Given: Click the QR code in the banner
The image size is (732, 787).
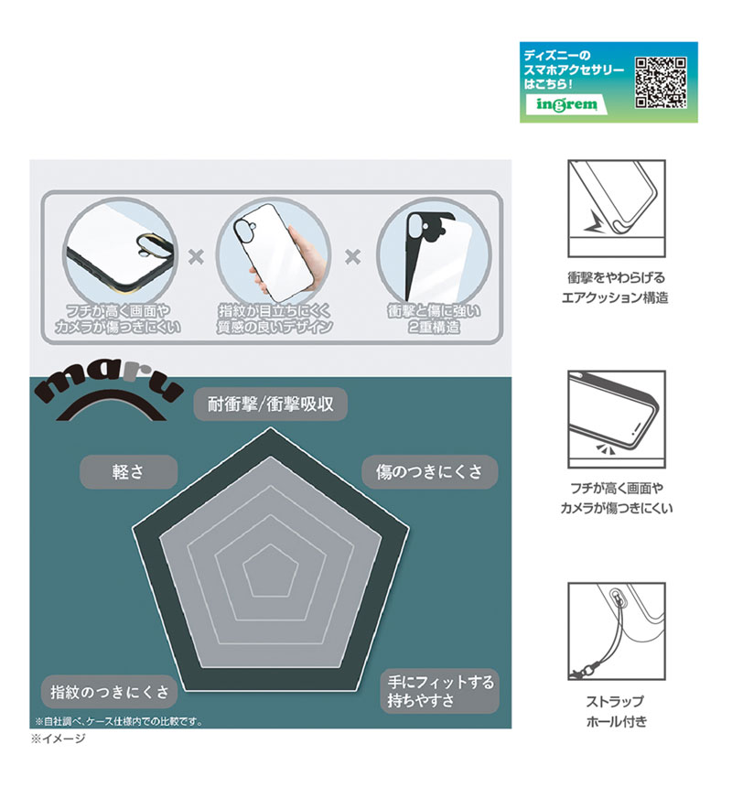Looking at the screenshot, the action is pos(661,82).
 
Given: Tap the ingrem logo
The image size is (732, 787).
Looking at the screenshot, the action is pos(567,104).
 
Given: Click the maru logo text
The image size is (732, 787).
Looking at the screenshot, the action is pos(108,386).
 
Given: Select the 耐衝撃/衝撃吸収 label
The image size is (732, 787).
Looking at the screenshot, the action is pos(271,404).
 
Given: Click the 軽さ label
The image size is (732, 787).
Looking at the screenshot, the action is pos(128,472).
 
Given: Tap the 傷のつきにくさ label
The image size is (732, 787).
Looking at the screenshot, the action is pos(429,472).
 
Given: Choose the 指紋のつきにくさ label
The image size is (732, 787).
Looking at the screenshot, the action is pos(110,692).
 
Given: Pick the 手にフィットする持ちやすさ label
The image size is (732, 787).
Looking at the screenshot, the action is pos(440,691).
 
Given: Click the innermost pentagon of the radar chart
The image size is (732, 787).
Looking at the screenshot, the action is pos(271,572).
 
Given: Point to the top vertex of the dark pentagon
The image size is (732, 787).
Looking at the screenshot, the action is pos(271,428).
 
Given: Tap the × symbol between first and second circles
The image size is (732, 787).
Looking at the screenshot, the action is pos(196,257).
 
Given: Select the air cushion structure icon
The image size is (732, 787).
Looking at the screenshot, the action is pos(617,209).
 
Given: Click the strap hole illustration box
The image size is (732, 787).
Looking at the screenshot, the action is pos(617,631).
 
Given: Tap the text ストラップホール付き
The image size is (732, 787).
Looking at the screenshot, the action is pos(616,712).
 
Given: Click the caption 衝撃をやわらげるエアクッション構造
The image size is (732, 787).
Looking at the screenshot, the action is pos(616,287).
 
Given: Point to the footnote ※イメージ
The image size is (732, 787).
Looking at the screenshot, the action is pos(59,738).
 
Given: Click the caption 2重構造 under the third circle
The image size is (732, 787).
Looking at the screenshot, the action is pos(434,328).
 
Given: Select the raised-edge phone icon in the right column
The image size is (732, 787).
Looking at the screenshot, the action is pos(617,420).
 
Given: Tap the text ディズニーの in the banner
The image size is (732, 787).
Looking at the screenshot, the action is pos(557,55).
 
